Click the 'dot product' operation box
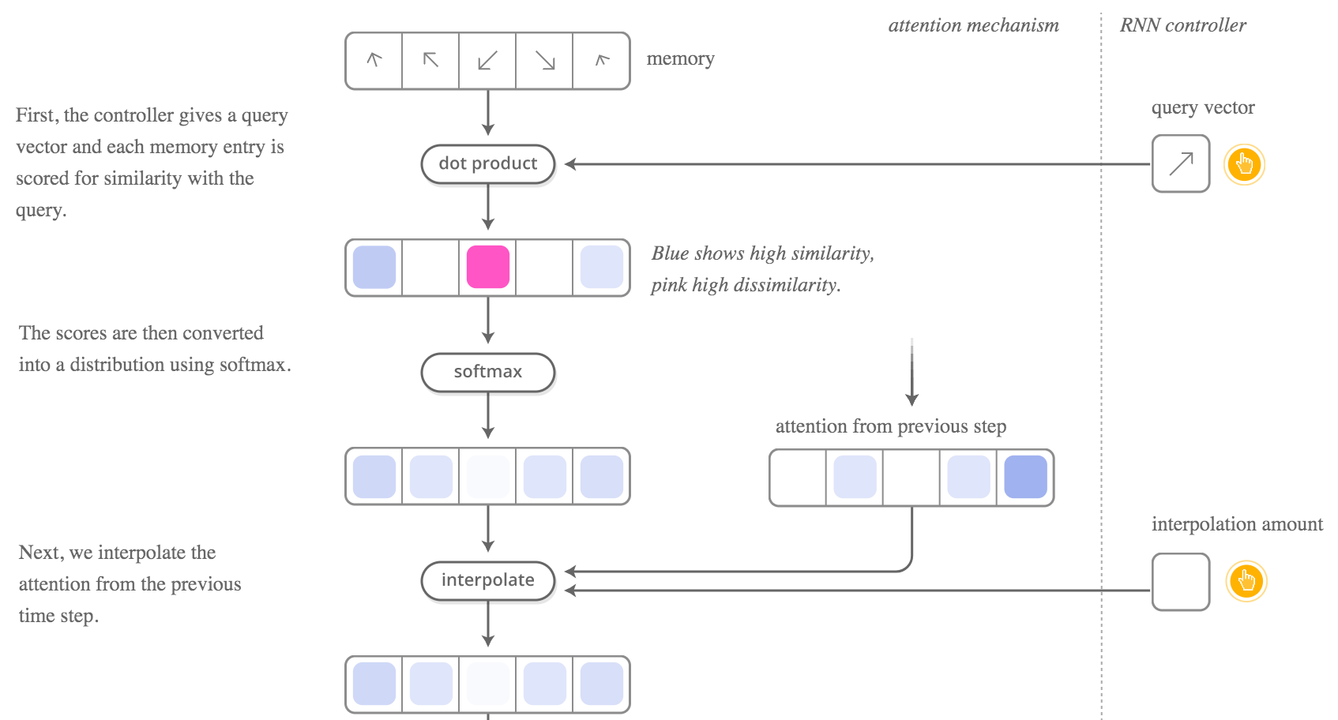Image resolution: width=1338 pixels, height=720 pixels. coord(488,164)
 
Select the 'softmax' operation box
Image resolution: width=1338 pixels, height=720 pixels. coord(488,372)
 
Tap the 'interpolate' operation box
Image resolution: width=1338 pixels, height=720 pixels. coord(488,580)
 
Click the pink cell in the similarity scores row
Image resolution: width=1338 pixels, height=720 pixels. coord(488,267)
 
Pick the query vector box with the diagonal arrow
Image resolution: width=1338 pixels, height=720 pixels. coord(1181,163)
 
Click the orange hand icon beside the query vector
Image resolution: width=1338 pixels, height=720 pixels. coord(1244,164)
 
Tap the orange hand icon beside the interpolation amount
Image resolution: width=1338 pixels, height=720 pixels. coord(1246,582)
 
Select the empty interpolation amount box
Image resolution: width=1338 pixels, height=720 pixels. coord(1181,582)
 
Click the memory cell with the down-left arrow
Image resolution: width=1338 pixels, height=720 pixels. coord(488,61)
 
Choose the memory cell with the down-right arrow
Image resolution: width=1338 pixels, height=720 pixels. coord(545,61)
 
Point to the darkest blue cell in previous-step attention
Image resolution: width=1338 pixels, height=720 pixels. coord(1025,477)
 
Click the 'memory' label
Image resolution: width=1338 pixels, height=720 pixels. coord(680,59)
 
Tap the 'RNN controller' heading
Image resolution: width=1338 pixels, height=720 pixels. coord(1182,25)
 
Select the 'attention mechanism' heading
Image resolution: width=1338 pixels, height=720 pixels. coord(973,25)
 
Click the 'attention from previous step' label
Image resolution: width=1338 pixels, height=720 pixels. coord(890,426)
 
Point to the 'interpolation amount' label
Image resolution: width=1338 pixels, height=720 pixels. coord(1237,524)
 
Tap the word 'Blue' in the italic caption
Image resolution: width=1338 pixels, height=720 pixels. coord(670,253)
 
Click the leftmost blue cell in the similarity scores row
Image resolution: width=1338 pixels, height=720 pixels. coord(374,267)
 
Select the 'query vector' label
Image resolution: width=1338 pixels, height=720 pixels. coord(1202,107)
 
